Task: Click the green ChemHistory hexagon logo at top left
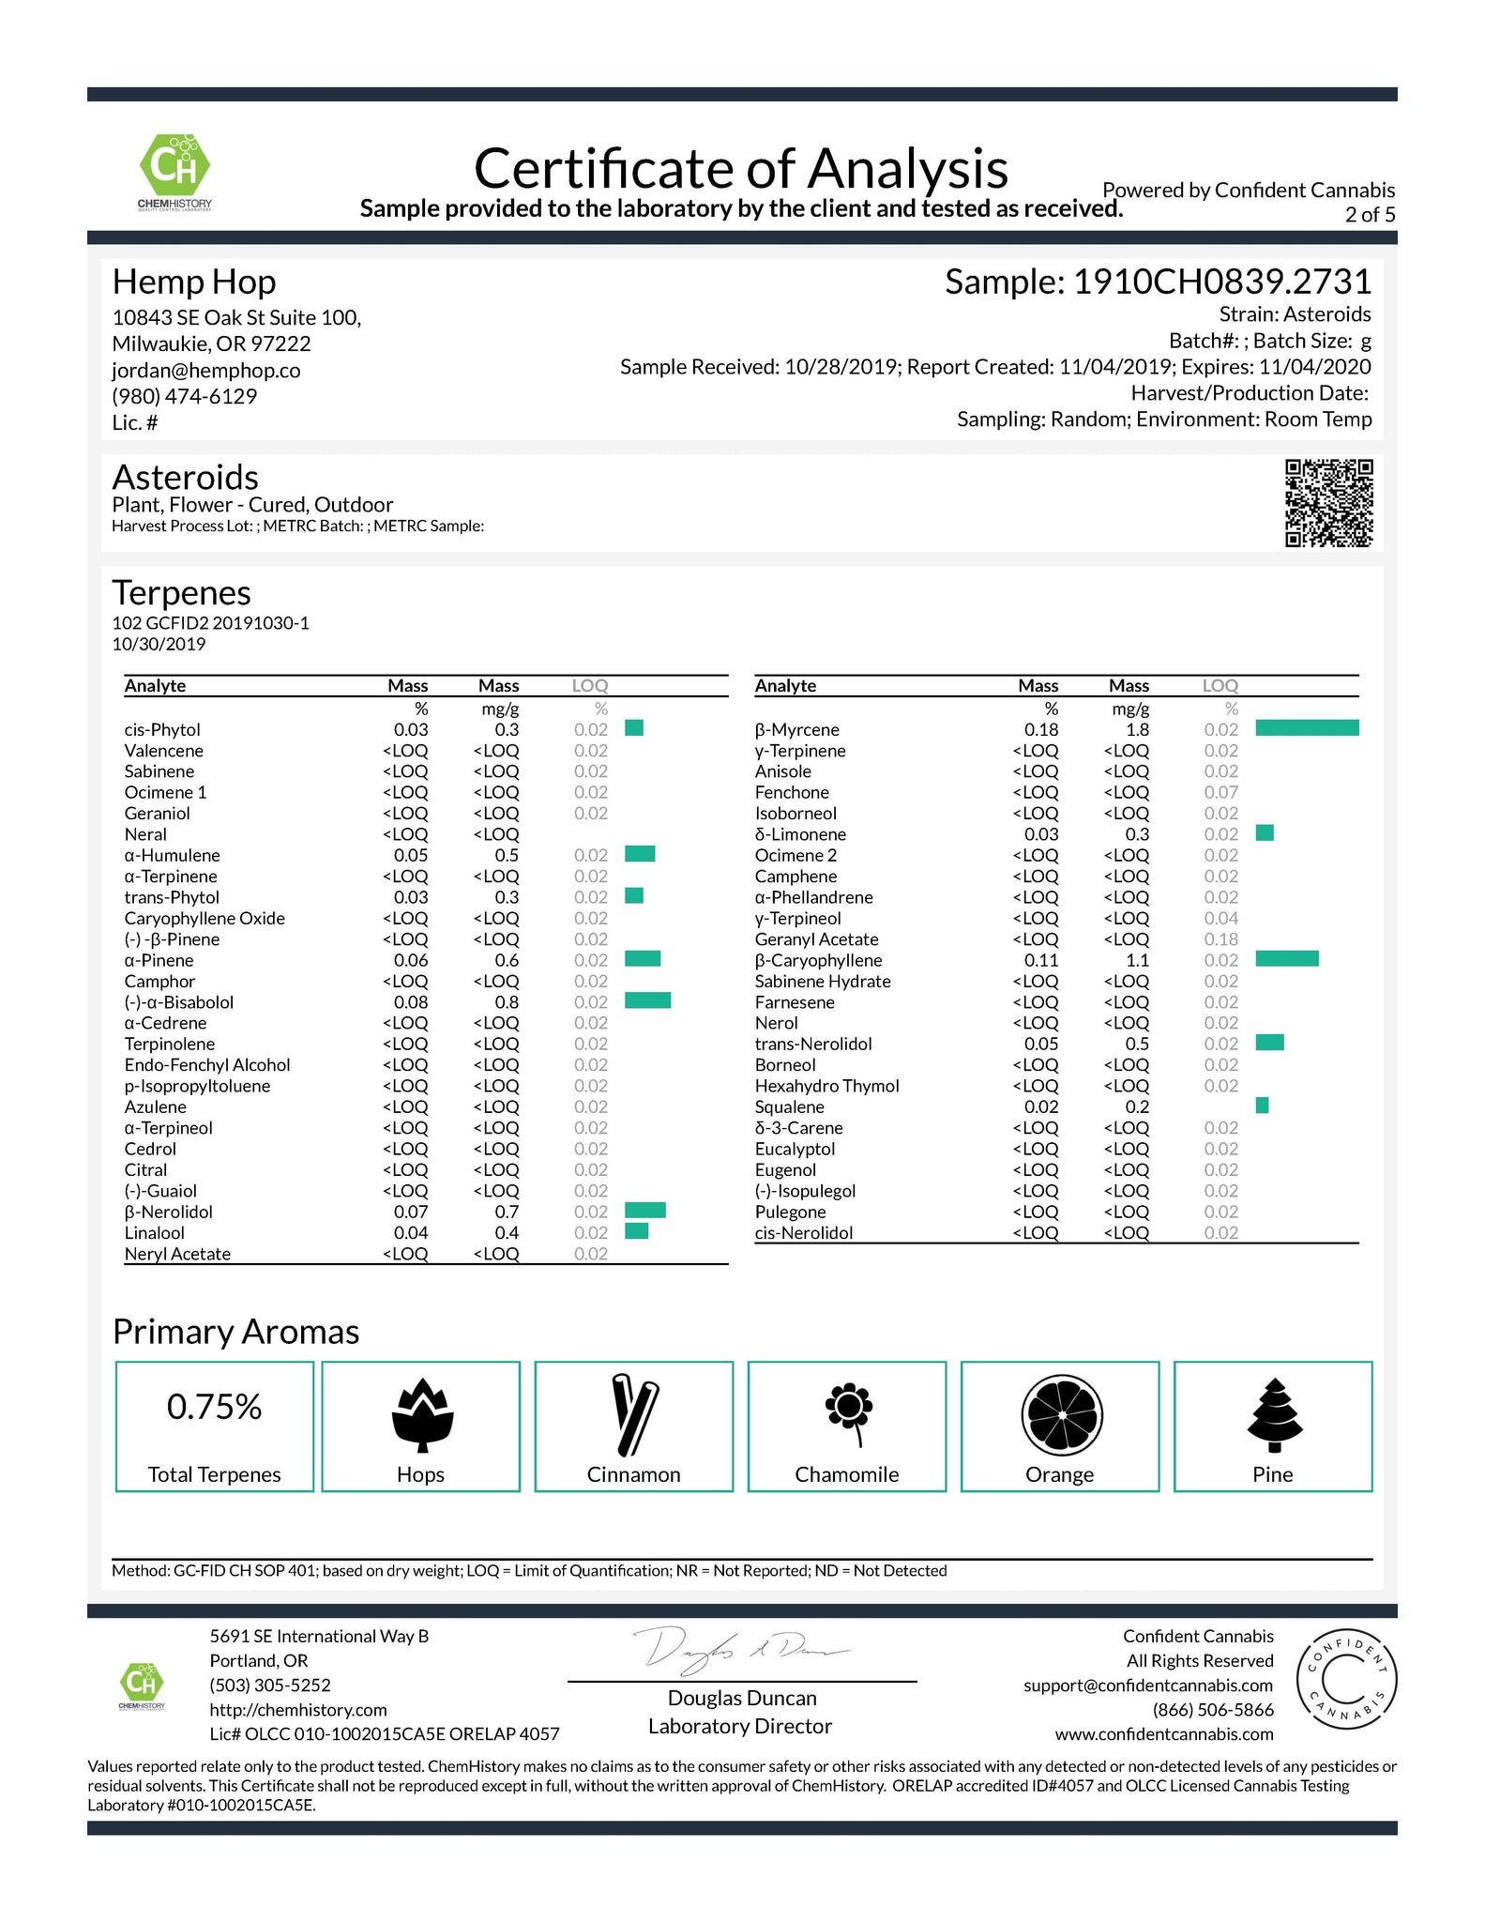(x=174, y=167)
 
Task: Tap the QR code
(x=1328, y=503)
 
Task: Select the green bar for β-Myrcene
(x=1306, y=728)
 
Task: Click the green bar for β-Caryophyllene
(x=1286, y=958)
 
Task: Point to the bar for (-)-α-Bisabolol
(x=647, y=1000)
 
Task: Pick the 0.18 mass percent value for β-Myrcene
(x=1041, y=730)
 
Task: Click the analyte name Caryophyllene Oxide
(x=205, y=919)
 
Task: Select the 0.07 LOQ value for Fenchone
(x=1220, y=793)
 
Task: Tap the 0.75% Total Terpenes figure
(x=214, y=1407)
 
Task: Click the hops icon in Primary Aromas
(x=421, y=1415)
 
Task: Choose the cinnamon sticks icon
(x=634, y=1415)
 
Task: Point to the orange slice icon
(x=1061, y=1413)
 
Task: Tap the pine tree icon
(x=1274, y=1413)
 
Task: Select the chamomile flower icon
(x=848, y=1413)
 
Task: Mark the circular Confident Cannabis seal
(x=1345, y=1681)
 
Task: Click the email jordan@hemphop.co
(x=206, y=371)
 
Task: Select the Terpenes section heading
(x=181, y=593)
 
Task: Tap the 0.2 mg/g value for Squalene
(x=1137, y=1107)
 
